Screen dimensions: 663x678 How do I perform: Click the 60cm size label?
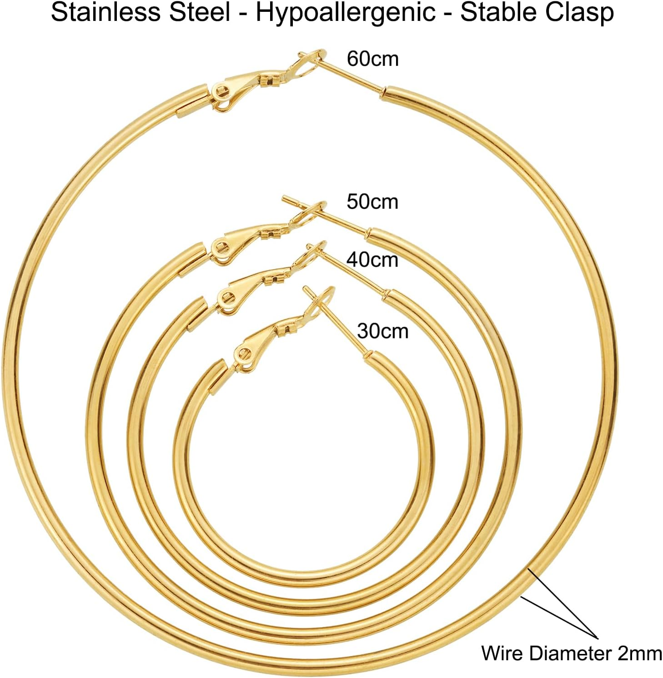372,59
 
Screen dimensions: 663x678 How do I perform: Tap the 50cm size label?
372,202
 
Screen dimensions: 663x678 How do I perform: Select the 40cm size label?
372,260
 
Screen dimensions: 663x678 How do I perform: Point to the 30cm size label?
382,331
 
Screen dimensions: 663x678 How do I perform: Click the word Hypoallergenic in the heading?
345,12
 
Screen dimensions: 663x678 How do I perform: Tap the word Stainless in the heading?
105,12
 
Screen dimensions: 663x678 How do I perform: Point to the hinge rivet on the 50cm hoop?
221,248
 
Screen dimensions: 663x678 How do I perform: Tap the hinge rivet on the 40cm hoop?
226,298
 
